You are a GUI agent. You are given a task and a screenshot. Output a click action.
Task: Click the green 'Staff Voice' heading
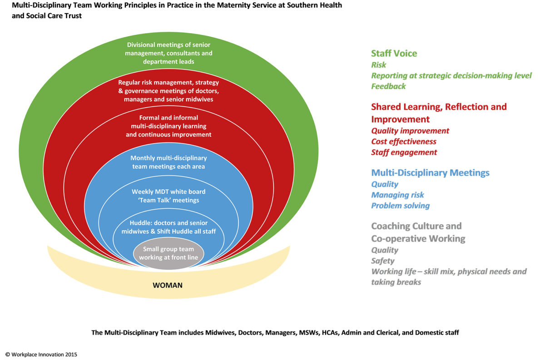[394, 54]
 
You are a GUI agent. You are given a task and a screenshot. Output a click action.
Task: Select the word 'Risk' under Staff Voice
[378, 65]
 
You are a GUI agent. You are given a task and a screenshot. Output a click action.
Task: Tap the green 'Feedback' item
[388, 86]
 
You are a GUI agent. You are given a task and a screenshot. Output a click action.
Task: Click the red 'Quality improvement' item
[410, 131]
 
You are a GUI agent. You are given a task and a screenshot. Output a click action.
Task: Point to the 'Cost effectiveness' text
[404, 142]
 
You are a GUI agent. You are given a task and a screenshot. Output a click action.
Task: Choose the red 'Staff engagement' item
[404, 153]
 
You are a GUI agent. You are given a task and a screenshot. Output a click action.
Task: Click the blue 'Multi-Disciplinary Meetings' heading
[430, 173]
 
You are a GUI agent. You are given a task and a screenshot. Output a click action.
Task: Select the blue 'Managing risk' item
[397, 195]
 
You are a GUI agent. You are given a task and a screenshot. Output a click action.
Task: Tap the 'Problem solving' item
[400, 206]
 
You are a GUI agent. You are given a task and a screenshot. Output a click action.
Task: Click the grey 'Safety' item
[382, 261]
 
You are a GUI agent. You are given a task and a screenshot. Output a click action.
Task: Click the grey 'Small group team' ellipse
[168, 253]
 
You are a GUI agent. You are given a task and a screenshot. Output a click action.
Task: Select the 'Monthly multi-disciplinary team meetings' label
[168, 162]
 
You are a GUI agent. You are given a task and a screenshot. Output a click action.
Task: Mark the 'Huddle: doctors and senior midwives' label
[168, 227]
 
